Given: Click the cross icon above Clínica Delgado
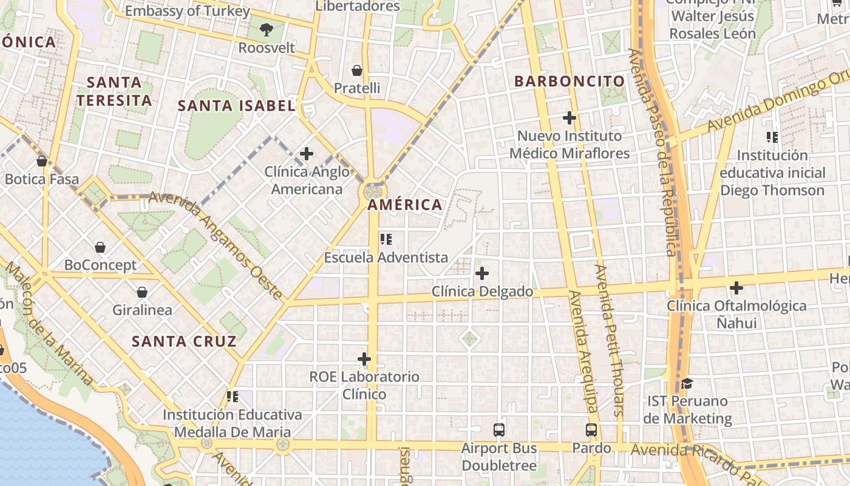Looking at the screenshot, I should click(482, 273).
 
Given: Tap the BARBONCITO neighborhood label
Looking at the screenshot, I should click(569, 81).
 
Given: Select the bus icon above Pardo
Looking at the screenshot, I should click(591, 430).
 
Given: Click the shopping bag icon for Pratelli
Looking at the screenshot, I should click(357, 70).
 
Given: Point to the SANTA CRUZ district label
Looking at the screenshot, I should click(184, 341).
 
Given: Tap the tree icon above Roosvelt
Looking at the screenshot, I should click(266, 29).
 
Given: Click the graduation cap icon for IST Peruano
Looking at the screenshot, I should click(687, 383).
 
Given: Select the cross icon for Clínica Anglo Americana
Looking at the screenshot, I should click(307, 154).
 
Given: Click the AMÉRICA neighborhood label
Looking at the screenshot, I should click(405, 205).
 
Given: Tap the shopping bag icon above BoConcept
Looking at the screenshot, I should click(100, 247).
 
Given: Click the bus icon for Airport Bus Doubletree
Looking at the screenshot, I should click(499, 430).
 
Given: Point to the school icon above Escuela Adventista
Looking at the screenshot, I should click(386, 239).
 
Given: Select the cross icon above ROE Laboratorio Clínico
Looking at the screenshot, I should click(364, 359).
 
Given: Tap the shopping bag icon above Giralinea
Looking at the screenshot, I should click(142, 292).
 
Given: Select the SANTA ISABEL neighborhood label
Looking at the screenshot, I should click(236, 106).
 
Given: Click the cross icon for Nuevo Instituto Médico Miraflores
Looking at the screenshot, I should click(569, 118).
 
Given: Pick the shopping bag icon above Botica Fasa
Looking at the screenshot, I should click(42, 161).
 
